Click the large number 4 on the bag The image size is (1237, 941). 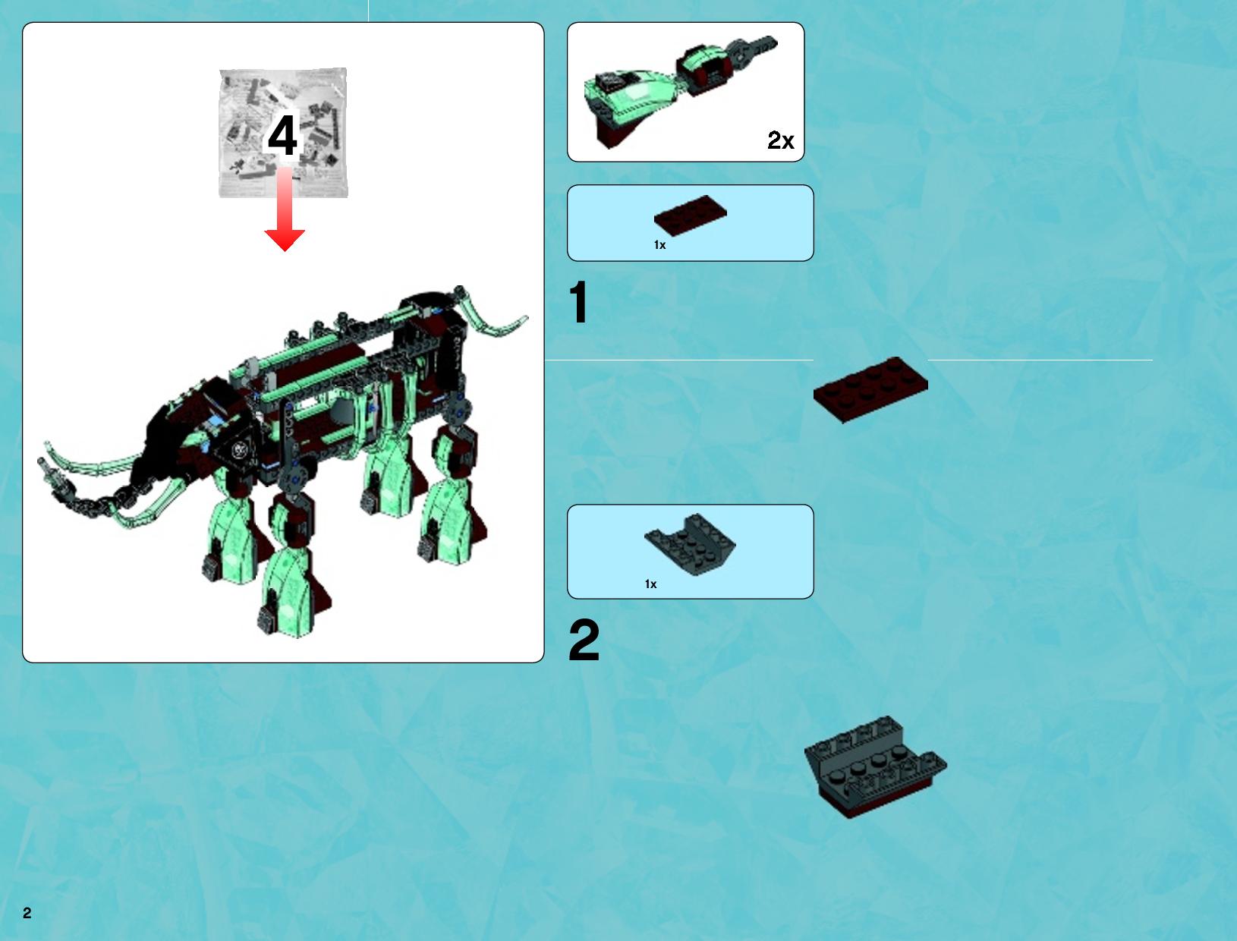pos(282,135)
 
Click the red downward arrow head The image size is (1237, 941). pos(285,240)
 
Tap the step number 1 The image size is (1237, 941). pos(579,302)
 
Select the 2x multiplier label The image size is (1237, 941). pos(780,140)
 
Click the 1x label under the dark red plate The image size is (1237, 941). pos(660,244)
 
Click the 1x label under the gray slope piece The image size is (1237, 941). pos(651,584)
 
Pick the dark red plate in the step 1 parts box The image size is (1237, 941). pos(691,215)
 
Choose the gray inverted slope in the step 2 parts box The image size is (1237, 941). pos(690,544)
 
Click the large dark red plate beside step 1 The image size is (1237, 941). pos(870,389)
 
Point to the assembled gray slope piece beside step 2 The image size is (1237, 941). pos(875,767)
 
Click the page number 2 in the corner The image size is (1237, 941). pos(27,914)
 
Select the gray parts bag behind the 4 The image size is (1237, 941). pos(283,132)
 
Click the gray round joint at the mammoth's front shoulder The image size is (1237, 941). pos(297,480)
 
